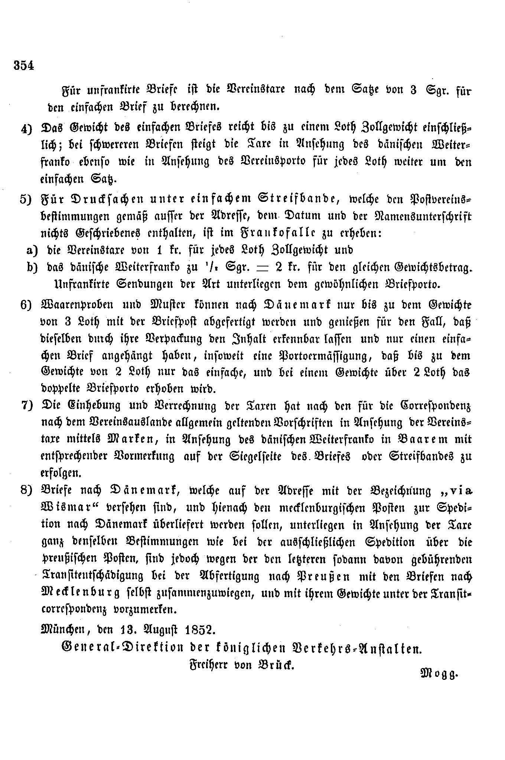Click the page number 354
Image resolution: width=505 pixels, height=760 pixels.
click(x=24, y=65)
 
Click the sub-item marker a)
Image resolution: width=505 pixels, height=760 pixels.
click(x=32, y=250)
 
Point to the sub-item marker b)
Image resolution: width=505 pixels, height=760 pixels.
click(x=32, y=268)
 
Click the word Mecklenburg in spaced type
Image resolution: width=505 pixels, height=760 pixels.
click(x=81, y=593)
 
